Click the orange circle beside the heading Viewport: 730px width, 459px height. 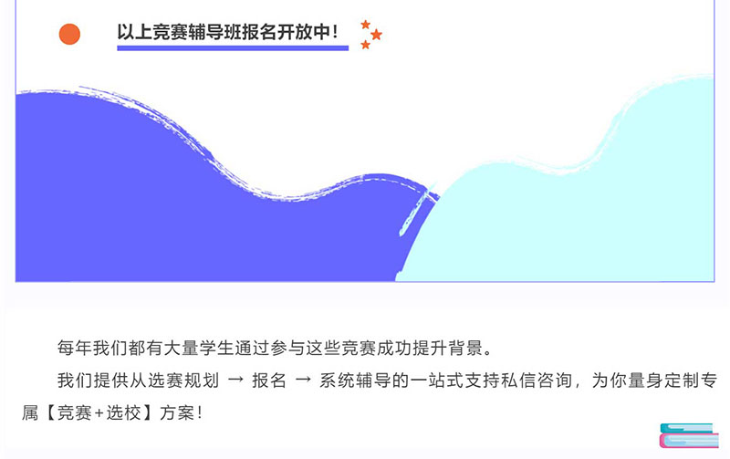[69, 34]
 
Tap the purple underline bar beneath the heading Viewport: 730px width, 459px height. [233, 48]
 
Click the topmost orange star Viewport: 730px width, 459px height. [366, 24]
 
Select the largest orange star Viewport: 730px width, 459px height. [376, 35]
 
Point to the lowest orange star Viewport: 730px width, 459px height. [366, 45]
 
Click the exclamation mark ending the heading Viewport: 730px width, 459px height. [335, 32]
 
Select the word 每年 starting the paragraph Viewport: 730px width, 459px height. [75, 348]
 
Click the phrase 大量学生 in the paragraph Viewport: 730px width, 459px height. [198, 348]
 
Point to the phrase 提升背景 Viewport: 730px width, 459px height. [447, 348]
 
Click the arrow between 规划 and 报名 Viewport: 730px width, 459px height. [235, 380]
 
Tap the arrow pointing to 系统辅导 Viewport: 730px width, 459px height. [303, 380]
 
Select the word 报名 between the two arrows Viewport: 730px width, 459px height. [269, 381]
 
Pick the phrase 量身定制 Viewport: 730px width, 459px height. [646, 381]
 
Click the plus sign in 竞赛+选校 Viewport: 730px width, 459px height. [99, 412]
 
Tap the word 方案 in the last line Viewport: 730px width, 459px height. [177, 412]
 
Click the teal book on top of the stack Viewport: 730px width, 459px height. [687, 428]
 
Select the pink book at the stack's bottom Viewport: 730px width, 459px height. [689, 441]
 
